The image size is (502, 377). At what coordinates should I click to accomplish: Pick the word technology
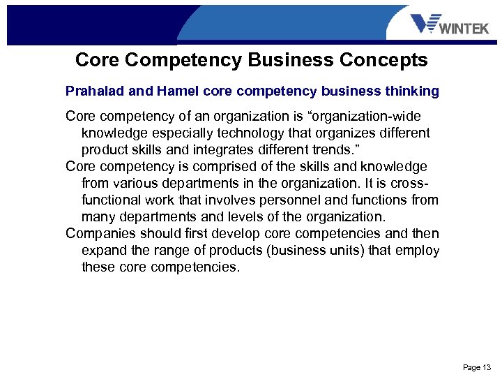252,133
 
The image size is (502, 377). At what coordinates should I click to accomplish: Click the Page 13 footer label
477,367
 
